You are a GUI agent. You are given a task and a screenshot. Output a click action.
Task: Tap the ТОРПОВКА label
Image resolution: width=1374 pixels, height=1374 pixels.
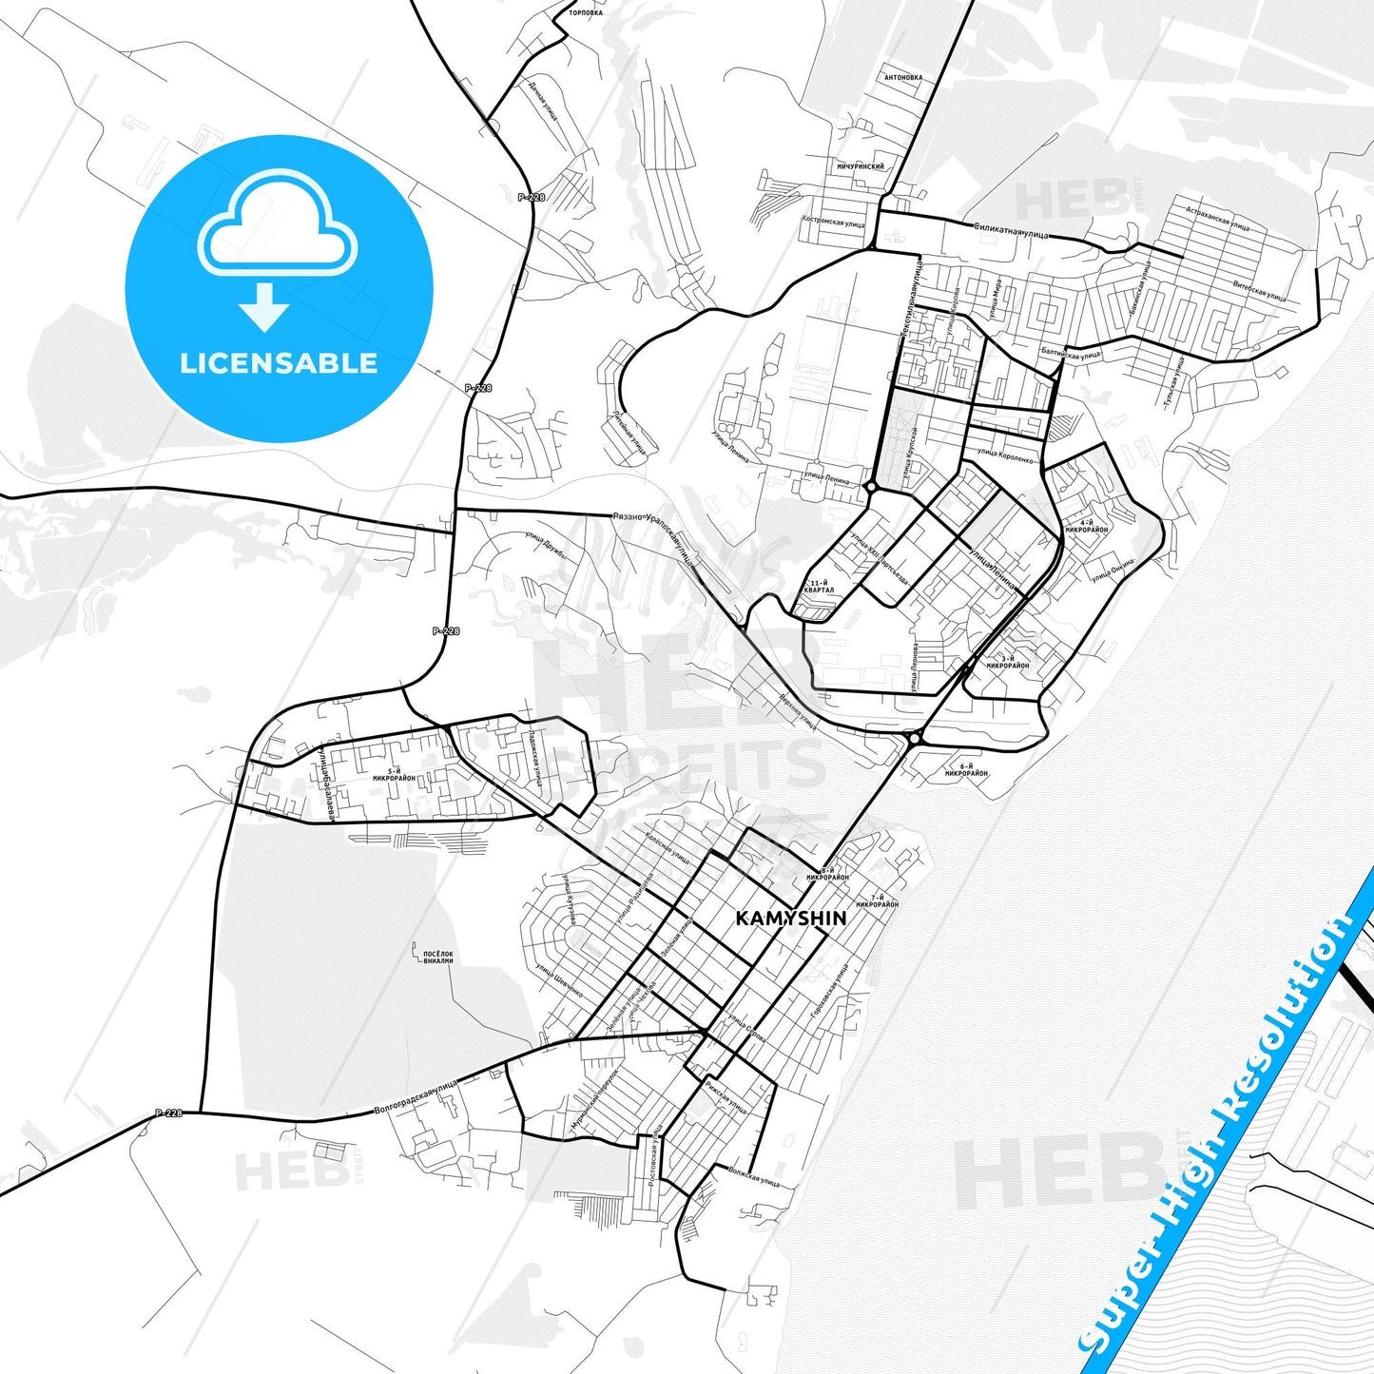(x=585, y=13)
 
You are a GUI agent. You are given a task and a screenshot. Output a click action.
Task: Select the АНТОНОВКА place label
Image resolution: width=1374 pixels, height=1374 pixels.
(x=902, y=78)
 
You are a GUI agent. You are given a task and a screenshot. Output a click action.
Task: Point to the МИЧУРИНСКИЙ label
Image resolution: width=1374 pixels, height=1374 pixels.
(x=861, y=166)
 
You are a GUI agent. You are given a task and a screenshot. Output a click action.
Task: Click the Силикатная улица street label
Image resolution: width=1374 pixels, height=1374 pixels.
(x=1011, y=230)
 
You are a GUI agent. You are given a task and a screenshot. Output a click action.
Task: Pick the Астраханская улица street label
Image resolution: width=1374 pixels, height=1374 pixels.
(x=1217, y=214)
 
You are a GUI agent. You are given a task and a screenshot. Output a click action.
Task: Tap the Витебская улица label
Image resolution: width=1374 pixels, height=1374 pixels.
(x=1259, y=289)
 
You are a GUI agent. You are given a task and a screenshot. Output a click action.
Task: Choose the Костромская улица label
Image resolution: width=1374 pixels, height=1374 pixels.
(x=834, y=221)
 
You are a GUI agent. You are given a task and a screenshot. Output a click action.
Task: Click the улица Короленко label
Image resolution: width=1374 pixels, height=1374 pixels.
(x=1005, y=455)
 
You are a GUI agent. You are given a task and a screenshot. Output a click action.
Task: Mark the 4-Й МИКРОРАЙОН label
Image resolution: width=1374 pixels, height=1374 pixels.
(x=1087, y=526)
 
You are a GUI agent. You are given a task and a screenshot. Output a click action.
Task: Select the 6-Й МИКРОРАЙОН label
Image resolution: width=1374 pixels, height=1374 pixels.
(x=966, y=770)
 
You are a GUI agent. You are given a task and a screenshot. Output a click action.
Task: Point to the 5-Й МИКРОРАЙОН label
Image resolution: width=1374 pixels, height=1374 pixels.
(x=394, y=774)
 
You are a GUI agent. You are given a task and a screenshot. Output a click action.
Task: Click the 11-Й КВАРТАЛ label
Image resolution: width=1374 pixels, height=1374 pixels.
(x=819, y=586)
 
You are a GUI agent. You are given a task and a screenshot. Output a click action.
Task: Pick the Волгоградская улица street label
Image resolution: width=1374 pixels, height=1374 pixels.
(x=416, y=1096)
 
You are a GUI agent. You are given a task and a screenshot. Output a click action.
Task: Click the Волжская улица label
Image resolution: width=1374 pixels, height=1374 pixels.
(x=754, y=1177)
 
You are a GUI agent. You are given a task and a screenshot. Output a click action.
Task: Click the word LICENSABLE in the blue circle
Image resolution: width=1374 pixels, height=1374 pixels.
(x=279, y=363)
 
